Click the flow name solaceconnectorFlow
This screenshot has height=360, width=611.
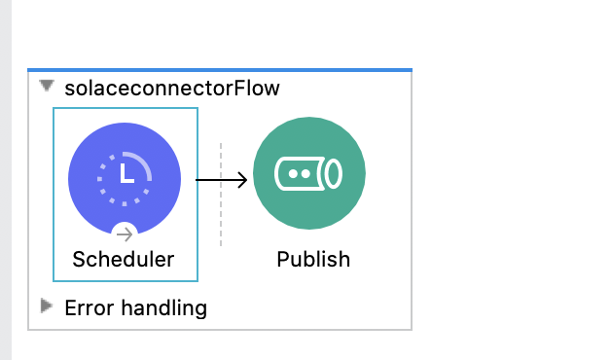(171, 89)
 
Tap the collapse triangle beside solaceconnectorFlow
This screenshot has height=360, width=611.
(47, 87)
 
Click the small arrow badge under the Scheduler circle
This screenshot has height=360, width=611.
(125, 234)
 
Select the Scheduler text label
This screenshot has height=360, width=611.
(124, 260)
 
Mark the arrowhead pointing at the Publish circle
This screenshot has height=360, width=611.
(243, 179)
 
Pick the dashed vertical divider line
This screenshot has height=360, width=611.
(221, 195)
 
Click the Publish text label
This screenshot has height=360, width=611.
(313, 260)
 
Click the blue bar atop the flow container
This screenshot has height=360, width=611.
(220, 70)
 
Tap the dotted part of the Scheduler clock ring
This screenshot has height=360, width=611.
(103, 189)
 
